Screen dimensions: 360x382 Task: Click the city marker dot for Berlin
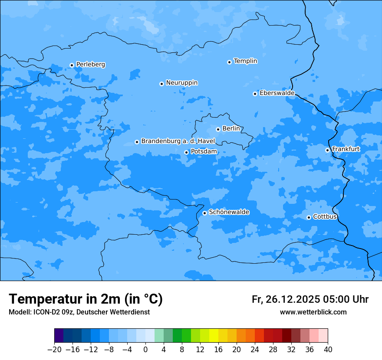(218, 129)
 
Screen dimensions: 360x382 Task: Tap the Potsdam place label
(204, 151)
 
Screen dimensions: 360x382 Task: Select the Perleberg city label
(90, 65)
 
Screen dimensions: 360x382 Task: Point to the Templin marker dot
(229, 62)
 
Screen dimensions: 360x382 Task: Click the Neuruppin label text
(181, 83)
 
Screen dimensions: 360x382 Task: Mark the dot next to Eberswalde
(255, 94)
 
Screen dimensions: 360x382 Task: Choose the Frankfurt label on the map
(346, 149)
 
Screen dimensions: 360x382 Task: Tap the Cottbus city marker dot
(309, 217)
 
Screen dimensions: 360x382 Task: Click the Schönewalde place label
(229, 212)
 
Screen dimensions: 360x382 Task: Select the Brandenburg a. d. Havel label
(178, 141)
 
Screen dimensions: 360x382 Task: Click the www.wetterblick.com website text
(313, 312)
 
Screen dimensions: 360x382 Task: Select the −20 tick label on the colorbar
(54, 350)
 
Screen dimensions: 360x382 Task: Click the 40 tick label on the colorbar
(328, 350)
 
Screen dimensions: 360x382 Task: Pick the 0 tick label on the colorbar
(145, 350)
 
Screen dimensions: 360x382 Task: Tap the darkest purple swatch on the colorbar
(59, 336)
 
